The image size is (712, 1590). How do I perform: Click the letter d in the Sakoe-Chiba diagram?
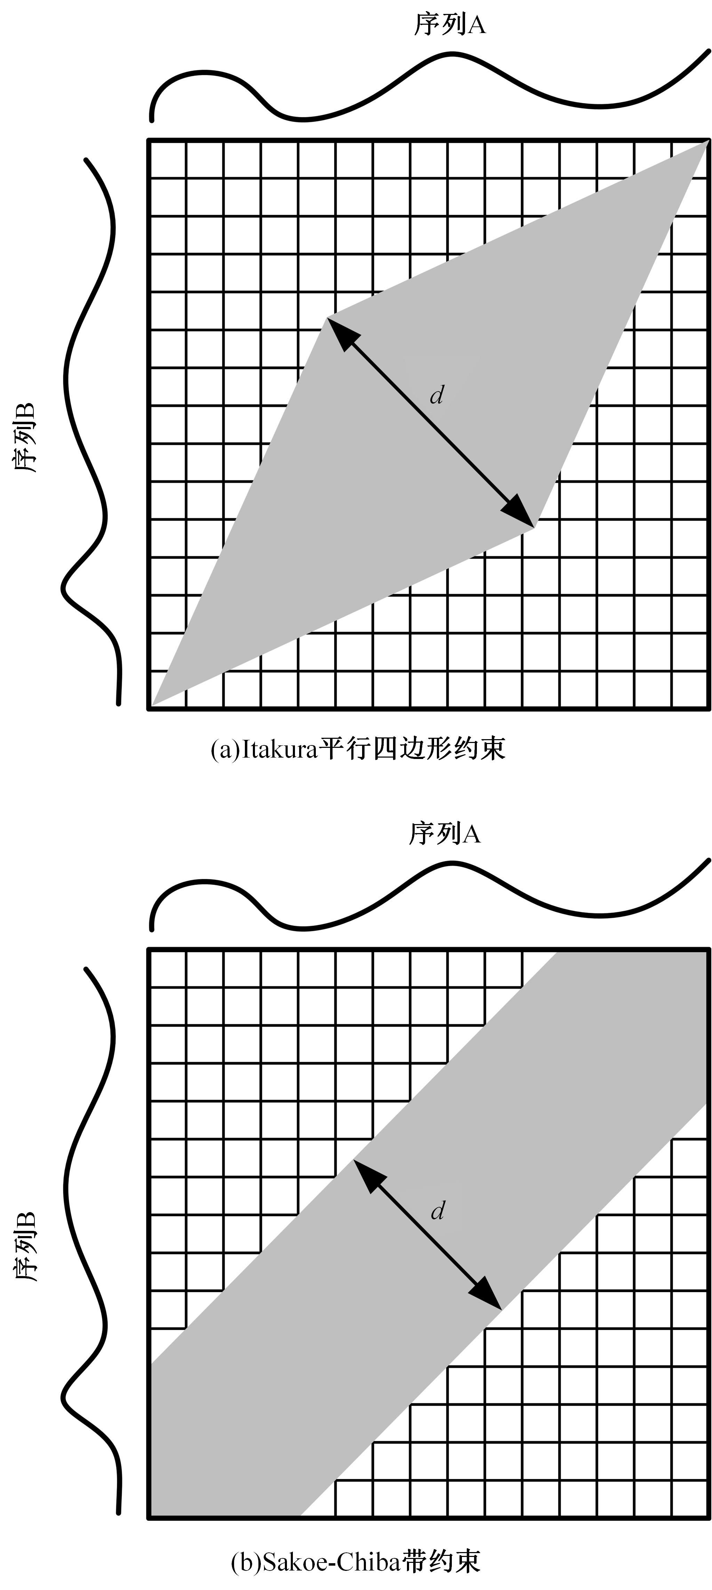click(x=438, y=1211)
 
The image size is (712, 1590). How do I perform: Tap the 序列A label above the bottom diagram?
click(x=444, y=834)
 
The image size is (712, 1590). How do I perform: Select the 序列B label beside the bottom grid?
click(x=26, y=1247)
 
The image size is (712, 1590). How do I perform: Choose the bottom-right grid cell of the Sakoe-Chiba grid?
click(x=690, y=1498)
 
